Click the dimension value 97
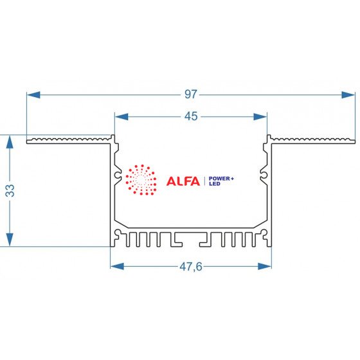191,94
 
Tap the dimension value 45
191,116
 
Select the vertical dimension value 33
10,191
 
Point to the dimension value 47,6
191,267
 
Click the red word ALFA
183,181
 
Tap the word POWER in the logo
219,179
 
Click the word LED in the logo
215,184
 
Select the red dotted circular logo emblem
141,180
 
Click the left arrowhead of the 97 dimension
33,95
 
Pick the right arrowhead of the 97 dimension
348,95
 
